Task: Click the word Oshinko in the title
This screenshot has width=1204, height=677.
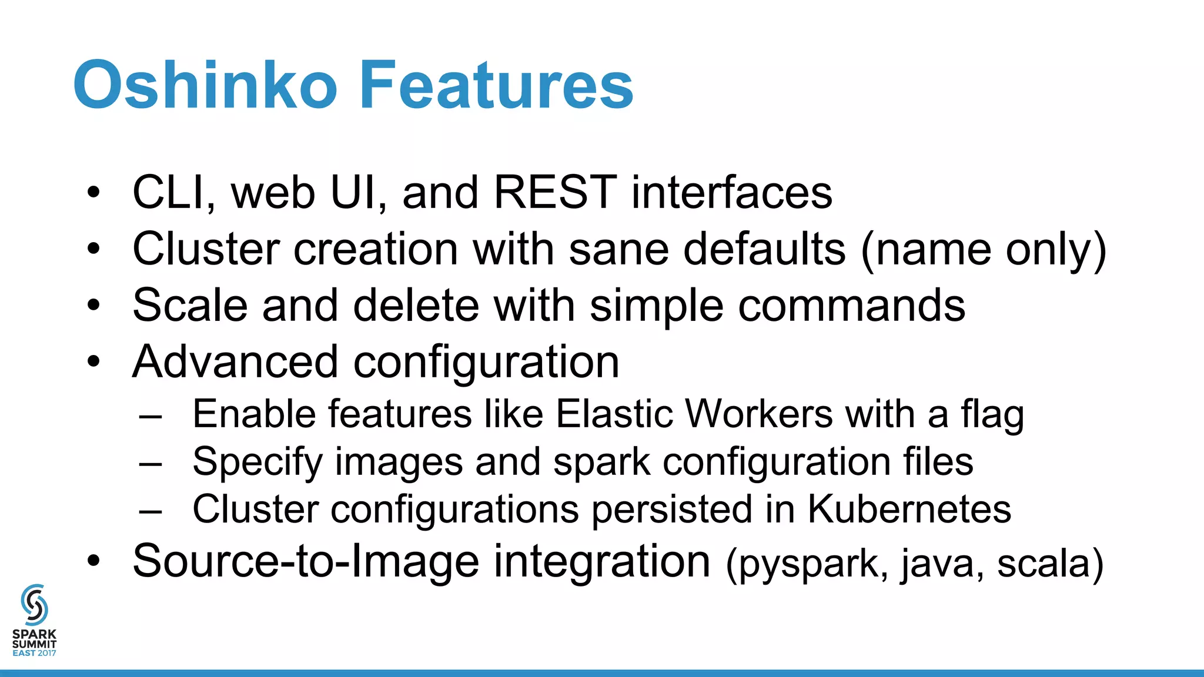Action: [205, 85]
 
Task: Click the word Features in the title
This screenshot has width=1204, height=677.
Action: [496, 85]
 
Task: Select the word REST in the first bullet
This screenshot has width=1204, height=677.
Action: [555, 192]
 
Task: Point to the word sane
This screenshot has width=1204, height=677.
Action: [618, 249]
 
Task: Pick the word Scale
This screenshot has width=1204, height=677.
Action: [190, 305]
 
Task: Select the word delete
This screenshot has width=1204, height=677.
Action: [416, 305]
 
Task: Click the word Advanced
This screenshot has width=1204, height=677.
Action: [235, 361]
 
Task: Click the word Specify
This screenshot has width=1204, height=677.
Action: [257, 462]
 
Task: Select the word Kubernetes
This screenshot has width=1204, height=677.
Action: [909, 509]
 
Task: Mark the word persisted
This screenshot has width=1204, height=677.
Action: [671, 509]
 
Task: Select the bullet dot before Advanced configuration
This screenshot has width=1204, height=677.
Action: [93, 362]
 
